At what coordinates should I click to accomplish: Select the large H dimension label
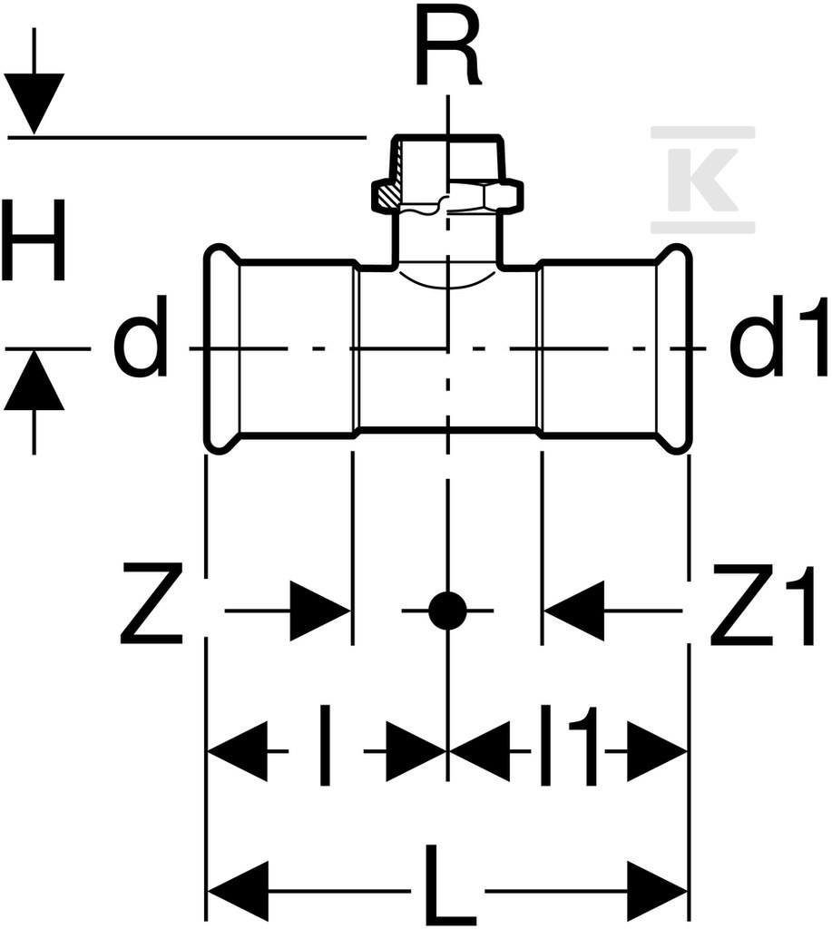[33, 240]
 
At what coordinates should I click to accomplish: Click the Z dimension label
[152, 603]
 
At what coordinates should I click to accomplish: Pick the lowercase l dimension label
[324, 745]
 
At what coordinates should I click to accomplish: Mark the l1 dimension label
[567, 745]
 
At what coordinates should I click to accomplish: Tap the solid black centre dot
[448, 610]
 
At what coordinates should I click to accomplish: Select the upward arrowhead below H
[34, 380]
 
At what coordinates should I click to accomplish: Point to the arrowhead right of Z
[319, 610]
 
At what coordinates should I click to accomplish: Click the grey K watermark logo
[703, 179]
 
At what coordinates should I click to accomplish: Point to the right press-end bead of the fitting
[674, 348]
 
